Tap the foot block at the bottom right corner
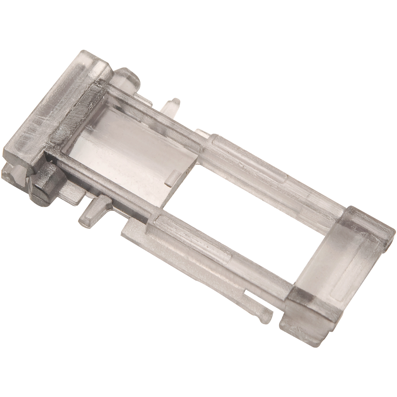tap(308, 327)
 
